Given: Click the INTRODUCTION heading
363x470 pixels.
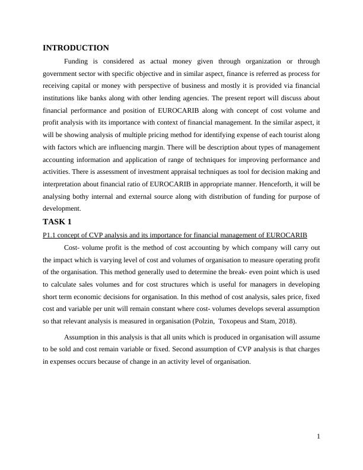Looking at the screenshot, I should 76,47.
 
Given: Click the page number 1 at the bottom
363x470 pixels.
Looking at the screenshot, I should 318,436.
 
